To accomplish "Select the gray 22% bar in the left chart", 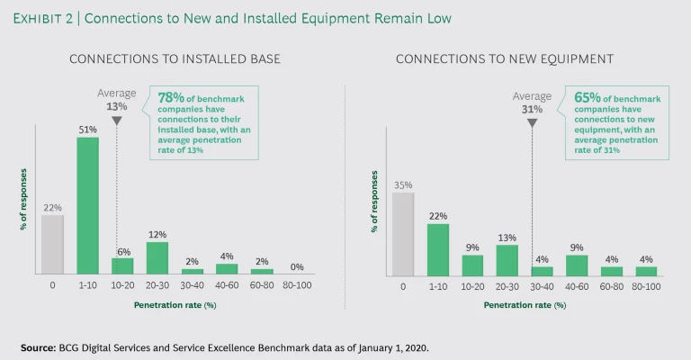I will pyautogui.click(x=53, y=244).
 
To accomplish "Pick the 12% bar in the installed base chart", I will pyautogui.click(x=157, y=257).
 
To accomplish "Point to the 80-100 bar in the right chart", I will pyautogui.click(x=647, y=270).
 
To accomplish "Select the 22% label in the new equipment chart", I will pyautogui.click(x=438, y=215).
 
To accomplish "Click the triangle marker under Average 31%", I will pyautogui.click(x=532, y=122).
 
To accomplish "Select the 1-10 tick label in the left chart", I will pyautogui.click(x=87, y=285).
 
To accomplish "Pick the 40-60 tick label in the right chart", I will pyautogui.click(x=577, y=285).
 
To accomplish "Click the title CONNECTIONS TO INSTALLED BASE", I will pyautogui.click(x=175, y=59).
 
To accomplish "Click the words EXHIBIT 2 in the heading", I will pyautogui.click(x=47, y=18).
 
